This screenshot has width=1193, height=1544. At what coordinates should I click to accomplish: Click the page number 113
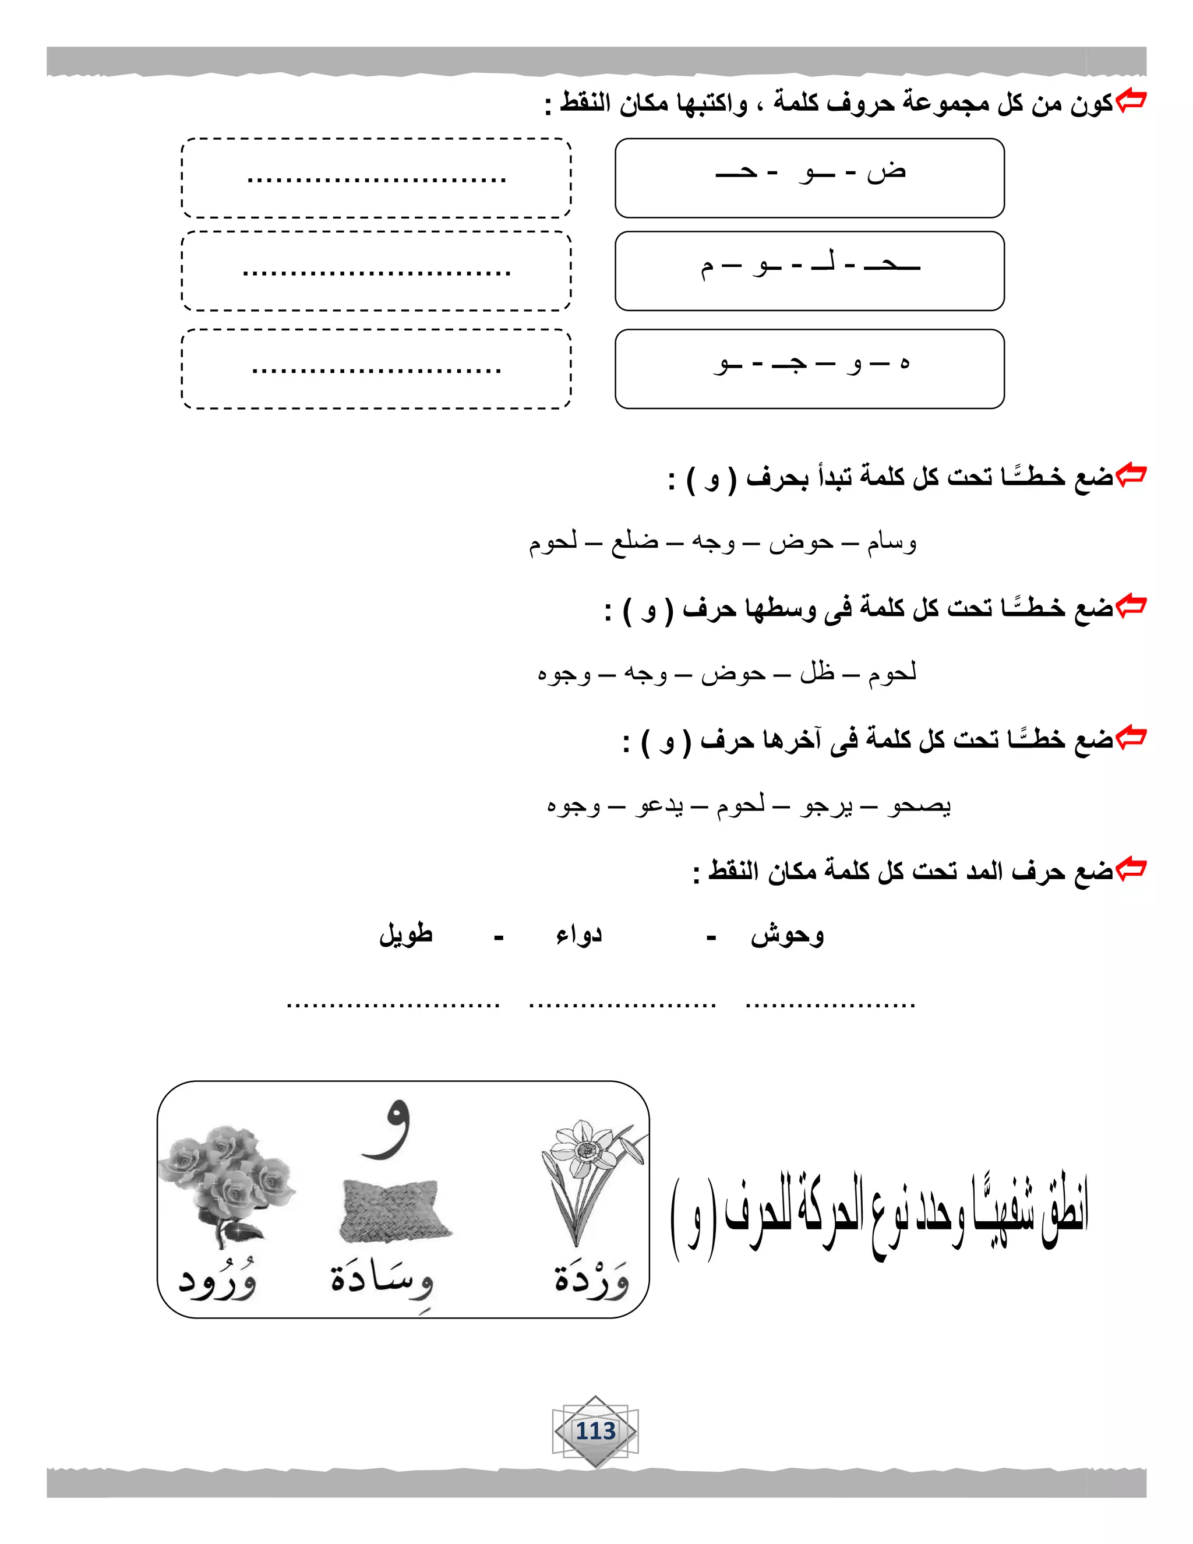(x=596, y=1432)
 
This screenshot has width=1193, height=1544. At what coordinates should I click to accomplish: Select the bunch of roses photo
(x=226, y=1184)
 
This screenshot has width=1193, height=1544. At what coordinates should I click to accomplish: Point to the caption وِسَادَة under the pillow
(x=382, y=1280)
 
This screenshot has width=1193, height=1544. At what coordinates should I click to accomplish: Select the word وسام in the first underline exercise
(x=892, y=543)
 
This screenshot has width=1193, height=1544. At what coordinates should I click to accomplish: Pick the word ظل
(x=818, y=673)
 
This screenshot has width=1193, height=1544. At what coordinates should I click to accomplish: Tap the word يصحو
(x=919, y=805)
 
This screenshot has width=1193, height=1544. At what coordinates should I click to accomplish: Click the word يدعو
(x=659, y=805)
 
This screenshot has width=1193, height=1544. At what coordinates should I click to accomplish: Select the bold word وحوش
(x=788, y=935)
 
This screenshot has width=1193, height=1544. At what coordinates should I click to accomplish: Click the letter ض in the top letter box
(x=887, y=172)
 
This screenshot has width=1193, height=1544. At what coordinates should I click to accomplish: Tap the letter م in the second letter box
(x=707, y=267)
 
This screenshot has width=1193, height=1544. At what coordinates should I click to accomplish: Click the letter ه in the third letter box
(x=904, y=364)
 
